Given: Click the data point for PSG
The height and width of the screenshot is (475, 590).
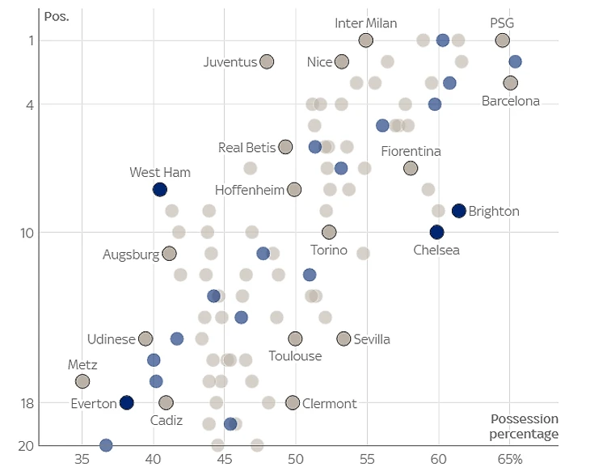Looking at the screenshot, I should click(x=503, y=40).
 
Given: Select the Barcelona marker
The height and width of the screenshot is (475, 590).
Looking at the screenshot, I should click(x=510, y=83).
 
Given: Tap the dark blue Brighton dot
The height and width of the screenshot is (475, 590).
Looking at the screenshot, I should click(x=459, y=211).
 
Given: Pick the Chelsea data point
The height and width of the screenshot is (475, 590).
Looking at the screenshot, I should click(x=436, y=233).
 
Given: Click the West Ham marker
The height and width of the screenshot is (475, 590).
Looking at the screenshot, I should click(x=160, y=190).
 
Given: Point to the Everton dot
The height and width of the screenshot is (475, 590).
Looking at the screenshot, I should click(x=126, y=402).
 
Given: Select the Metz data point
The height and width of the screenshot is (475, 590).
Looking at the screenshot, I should click(x=82, y=381).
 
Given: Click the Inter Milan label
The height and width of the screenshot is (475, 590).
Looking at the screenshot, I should click(x=366, y=23).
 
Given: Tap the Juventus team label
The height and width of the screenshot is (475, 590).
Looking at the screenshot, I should click(x=230, y=62).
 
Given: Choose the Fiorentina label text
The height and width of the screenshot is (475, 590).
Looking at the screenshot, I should click(x=411, y=151).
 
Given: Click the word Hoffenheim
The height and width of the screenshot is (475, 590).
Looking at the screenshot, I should click(x=250, y=190).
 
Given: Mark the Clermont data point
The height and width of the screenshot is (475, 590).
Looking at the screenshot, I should click(x=293, y=402).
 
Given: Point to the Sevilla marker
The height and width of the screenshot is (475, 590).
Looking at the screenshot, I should click(x=343, y=338).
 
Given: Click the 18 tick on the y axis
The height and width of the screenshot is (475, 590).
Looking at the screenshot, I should click(x=26, y=402).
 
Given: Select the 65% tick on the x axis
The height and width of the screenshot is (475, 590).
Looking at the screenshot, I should click(x=510, y=459).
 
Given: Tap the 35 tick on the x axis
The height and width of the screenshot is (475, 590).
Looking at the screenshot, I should click(x=82, y=459).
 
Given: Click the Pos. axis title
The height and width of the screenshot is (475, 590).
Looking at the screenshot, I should click(x=57, y=16).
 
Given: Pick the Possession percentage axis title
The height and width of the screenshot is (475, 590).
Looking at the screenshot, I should click(x=525, y=427).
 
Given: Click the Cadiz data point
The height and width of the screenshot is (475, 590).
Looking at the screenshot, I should click(x=166, y=402).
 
